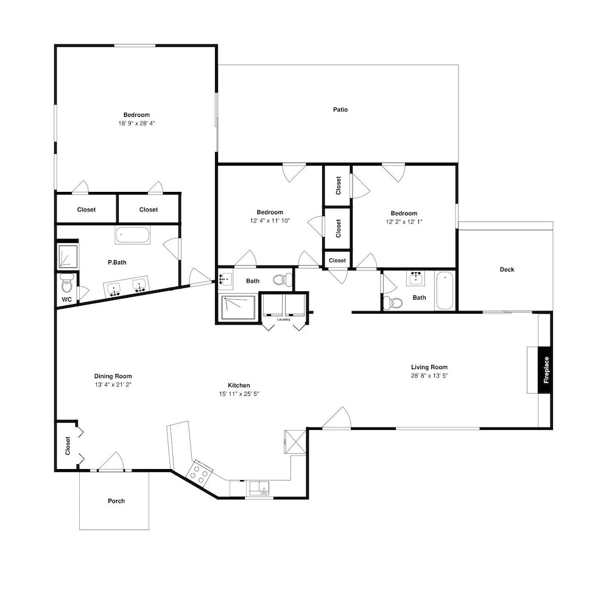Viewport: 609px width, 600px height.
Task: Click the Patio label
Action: tap(340, 110)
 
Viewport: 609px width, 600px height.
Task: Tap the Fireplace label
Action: tap(546, 370)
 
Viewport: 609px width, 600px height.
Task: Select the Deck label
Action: tap(507, 269)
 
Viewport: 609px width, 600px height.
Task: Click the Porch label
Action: tap(116, 501)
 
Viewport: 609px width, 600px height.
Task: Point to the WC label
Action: tap(67, 300)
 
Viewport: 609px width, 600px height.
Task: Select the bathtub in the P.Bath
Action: tap(132, 235)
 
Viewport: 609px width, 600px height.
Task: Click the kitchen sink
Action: tap(259, 489)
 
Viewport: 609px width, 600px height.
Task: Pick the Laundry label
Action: tap(284, 319)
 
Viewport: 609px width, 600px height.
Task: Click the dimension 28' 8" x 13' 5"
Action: tap(429, 376)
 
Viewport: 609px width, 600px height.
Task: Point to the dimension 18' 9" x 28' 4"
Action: tap(136, 124)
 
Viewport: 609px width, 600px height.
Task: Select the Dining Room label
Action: tap(113, 376)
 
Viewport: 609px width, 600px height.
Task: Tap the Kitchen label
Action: tap(239, 386)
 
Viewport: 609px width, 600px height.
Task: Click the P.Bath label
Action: tap(117, 263)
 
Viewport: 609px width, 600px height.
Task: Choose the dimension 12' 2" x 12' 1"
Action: tap(404, 222)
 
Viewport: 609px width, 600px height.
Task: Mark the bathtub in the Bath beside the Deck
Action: tap(445, 291)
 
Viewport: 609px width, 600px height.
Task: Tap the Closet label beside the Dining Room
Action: tap(68, 446)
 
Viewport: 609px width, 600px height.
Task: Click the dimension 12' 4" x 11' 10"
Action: tap(270, 221)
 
